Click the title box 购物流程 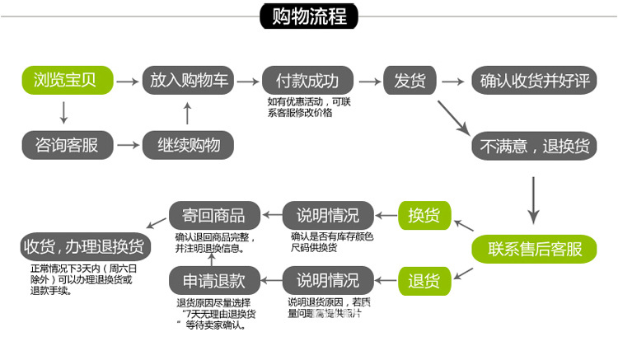tap(310, 16)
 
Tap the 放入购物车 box tap(189, 81)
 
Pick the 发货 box tap(410, 81)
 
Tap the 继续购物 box tap(189, 145)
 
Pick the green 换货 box tap(424, 215)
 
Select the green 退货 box tap(424, 280)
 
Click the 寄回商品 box tap(208, 215)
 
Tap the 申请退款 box tap(208, 280)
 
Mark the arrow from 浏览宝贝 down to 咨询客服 tap(64, 112)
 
